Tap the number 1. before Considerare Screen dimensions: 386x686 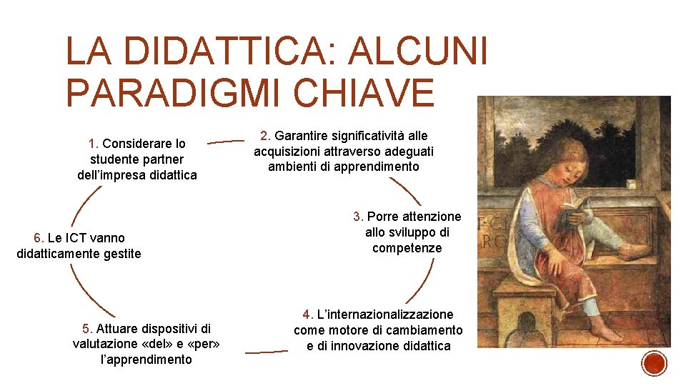coord(94,144)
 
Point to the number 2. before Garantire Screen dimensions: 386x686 coord(266,135)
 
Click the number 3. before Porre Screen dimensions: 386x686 coord(358,216)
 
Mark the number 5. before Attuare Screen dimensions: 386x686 coord(88,329)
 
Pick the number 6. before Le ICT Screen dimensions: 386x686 coord(39,238)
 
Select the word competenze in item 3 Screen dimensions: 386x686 coord(407,248)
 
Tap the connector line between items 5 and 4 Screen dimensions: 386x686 coord(266,352)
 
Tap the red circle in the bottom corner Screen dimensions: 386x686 coord(655,363)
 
